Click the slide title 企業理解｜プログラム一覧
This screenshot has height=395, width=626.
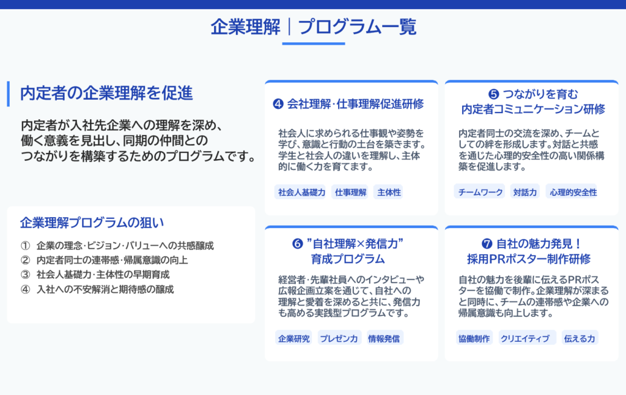(314, 27)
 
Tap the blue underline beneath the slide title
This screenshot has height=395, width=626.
(314, 43)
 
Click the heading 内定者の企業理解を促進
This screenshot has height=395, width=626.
(106, 93)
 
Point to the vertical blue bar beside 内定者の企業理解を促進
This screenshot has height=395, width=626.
(9, 94)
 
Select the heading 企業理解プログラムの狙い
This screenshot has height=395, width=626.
(92, 223)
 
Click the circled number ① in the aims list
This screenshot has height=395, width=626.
(25, 245)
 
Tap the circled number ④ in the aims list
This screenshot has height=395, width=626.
(25, 289)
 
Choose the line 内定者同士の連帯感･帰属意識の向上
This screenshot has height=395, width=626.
(112, 260)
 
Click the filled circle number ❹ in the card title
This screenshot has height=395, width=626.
(278, 104)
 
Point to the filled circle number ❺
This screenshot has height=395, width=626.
(493, 94)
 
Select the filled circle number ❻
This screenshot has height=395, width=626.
(298, 243)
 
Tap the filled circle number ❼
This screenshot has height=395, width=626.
(487, 243)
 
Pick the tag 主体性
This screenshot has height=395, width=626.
(389, 192)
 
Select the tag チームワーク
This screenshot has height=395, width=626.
(480, 192)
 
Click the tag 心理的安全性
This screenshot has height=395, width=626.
(573, 192)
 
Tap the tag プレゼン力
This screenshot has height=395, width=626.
(339, 338)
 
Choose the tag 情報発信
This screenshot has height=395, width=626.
(384, 338)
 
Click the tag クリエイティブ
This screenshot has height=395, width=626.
(525, 338)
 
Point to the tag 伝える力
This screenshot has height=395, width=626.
(580, 338)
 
